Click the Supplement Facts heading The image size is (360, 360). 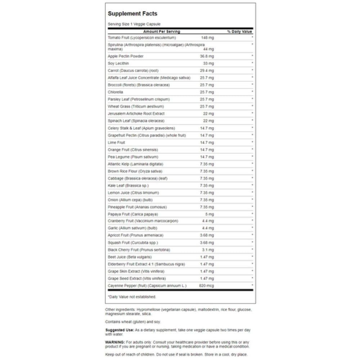(132, 14)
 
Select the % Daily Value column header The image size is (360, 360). (239, 32)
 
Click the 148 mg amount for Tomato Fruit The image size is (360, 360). (208, 37)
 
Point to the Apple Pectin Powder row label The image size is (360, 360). (126, 56)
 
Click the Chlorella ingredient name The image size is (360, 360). (115, 92)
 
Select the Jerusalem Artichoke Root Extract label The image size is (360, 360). (131, 114)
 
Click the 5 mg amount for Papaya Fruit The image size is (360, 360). (210, 214)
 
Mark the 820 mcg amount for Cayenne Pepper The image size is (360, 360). (206, 285)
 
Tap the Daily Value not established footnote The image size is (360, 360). (132, 297)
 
